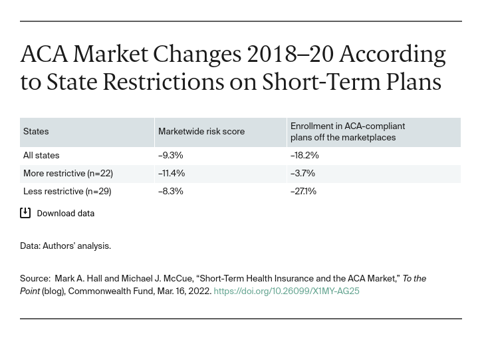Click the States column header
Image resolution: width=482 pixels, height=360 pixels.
coord(36,132)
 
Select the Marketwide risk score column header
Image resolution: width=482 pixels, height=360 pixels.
coord(201,132)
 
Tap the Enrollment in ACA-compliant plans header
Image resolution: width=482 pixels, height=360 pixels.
coord(348,132)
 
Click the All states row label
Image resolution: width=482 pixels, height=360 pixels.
coord(41,156)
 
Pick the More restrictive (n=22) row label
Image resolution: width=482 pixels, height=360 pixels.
coord(68,174)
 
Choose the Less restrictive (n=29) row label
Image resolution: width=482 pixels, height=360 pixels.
coord(67,192)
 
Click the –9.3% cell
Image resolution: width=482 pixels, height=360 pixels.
coord(171,156)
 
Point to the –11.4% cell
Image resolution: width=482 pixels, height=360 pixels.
coord(172,174)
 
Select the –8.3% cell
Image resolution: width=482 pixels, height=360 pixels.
coord(171,192)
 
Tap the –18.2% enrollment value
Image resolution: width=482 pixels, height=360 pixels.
coord(304,156)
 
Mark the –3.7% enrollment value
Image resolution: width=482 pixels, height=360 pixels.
coord(302,174)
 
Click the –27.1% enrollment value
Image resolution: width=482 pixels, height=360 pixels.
coord(303,192)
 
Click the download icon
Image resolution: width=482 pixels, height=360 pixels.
coord(25,213)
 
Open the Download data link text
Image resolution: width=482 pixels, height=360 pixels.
coord(65,214)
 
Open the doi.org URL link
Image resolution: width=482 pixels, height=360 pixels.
coord(287,291)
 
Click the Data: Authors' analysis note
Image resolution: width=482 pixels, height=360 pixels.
coord(65,246)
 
